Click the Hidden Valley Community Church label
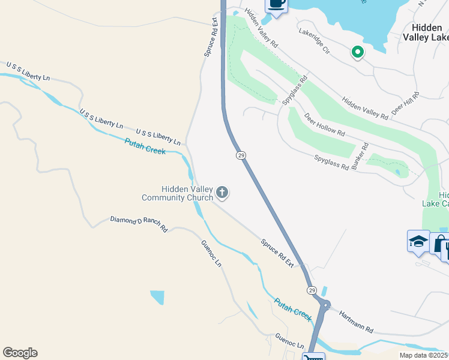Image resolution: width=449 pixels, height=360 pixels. coord(178,193)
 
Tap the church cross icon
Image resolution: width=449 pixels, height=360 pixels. coord(222,193)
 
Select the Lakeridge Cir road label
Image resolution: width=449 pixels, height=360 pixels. coord(315,41)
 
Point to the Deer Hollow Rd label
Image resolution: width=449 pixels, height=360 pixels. coord(324,124)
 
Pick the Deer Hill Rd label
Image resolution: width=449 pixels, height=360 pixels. coord(405,103)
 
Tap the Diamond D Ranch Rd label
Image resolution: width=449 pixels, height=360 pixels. coord(139,224)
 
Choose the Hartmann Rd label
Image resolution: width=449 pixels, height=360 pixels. coord(356,322)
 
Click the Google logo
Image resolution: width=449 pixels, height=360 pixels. coord(20,352)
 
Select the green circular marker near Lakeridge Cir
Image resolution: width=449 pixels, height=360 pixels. coord(358,53)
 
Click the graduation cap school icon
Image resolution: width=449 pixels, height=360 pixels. coord(418,242)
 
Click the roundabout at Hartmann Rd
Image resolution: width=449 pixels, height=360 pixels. coord(324,305)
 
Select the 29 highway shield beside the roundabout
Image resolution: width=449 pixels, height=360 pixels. coord(312,290)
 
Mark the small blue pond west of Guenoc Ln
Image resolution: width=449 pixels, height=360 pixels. coord(157,297)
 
